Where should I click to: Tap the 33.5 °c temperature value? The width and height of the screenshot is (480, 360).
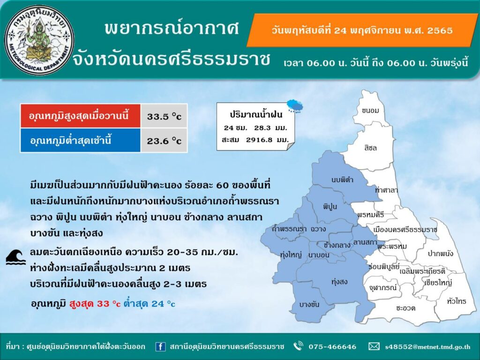click(164, 117)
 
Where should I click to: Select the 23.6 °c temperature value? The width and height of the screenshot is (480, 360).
click(164, 141)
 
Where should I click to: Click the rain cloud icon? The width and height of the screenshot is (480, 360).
click(295, 106)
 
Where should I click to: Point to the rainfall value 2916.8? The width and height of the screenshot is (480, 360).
click(259, 140)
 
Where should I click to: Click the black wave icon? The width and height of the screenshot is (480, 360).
click(16, 257)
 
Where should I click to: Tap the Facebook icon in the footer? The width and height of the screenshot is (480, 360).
click(160, 346)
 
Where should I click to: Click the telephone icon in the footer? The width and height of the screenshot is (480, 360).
click(298, 346)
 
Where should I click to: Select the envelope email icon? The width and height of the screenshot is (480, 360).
click(374, 346)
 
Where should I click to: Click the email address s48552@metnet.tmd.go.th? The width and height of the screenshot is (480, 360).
click(427, 347)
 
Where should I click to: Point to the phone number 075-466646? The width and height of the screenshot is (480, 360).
click(332, 346)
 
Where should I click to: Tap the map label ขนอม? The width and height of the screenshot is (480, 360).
click(370, 111)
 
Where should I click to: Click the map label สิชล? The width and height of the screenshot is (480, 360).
click(370, 148)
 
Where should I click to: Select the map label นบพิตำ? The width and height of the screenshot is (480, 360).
click(343, 180)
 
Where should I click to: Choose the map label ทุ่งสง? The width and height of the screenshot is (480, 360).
click(339, 282)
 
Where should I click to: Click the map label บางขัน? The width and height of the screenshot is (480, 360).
click(309, 305)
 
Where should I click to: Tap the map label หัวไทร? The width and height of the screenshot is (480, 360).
click(456, 301)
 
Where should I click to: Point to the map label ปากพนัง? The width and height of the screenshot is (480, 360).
click(440, 254)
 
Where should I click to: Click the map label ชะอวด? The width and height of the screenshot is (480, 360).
click(405, 308)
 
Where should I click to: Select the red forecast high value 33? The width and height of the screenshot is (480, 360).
click(103, 304)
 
